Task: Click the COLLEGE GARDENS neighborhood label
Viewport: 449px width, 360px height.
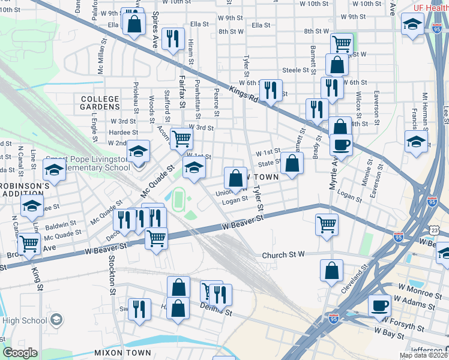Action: pos(100,103)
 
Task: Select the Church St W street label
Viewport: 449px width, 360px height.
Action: pos(284,255)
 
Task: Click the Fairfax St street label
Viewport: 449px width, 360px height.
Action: pos(182,97)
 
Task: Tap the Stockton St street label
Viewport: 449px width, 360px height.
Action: pos(112,276)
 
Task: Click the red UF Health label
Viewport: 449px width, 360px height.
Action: pos(430,8)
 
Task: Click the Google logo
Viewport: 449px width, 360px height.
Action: pos(20,353)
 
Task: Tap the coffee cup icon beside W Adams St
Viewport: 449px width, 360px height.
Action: pos(379,305)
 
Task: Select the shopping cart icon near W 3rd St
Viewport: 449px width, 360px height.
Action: pos(181,139)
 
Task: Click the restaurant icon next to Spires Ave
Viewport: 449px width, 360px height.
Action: pos(173,38)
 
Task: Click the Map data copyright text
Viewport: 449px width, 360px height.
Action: pos(423,355)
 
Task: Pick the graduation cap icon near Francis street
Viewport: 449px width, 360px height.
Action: pos(416,143)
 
